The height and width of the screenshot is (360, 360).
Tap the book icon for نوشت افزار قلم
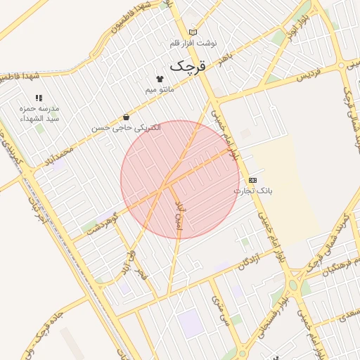[x=193, y=32]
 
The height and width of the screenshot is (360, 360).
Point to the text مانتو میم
[x=160, y=90]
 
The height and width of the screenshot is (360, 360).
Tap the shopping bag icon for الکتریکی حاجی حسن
[x=126, y=117]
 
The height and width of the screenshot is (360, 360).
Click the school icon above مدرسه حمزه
[x=39, y=98]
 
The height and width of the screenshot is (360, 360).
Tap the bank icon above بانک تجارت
[x=253, y=180]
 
